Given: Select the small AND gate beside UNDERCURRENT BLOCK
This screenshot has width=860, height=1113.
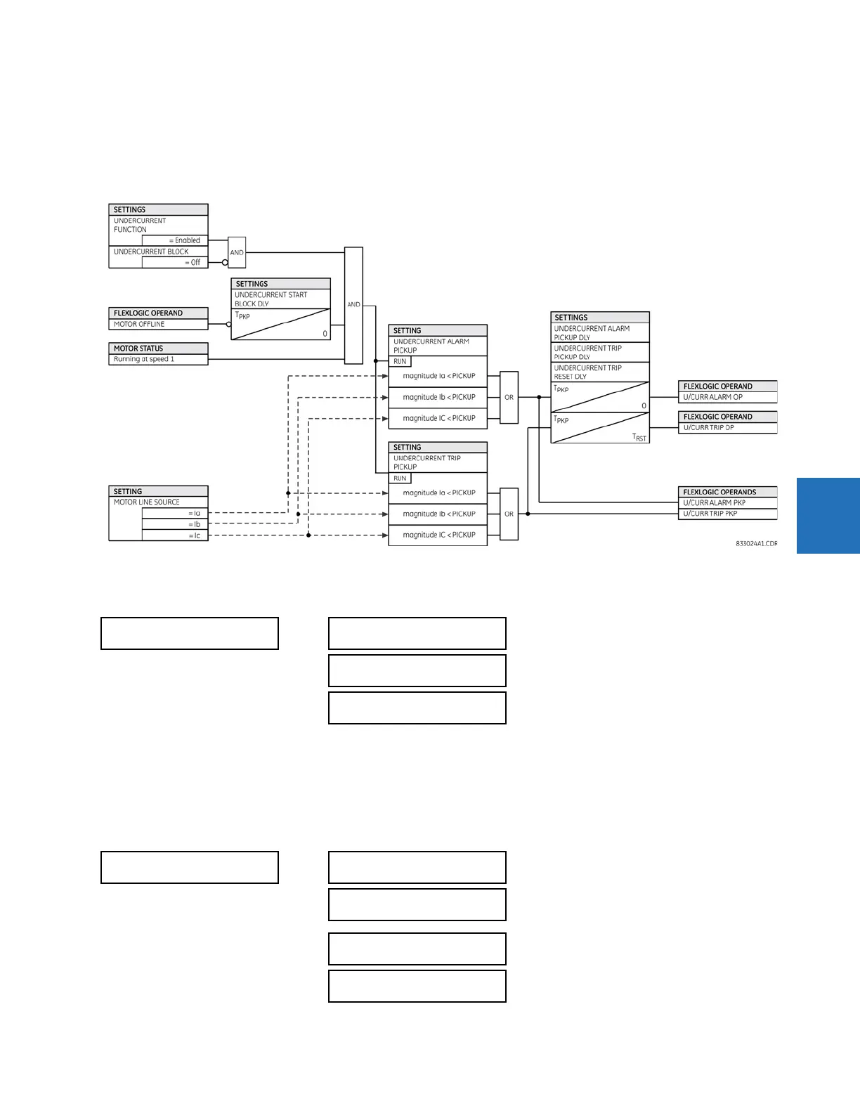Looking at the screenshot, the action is point(237,252).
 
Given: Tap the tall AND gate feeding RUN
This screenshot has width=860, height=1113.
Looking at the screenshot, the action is point(353,305).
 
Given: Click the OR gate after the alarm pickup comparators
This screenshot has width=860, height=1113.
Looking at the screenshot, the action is point(509,397).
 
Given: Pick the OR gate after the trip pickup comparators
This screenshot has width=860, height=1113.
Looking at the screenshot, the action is point(509,514).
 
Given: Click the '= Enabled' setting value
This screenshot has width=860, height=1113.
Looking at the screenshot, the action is point(184,240).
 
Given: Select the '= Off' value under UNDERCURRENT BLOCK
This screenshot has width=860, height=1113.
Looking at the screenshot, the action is point(192,262).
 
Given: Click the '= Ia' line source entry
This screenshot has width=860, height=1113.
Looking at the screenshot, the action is point(194,513).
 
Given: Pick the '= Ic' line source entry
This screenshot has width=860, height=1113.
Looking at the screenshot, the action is point(194,535).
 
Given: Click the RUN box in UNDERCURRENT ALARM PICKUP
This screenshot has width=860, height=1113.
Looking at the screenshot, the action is point(400,361).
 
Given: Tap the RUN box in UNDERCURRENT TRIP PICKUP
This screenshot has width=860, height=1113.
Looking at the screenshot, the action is point(400,478).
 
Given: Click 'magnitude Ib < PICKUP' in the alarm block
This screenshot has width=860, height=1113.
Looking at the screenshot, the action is point(438,397).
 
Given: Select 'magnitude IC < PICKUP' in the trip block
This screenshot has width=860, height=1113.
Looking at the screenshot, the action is point(438,535).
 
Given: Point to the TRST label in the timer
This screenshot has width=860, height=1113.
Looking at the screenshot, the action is point(639,437).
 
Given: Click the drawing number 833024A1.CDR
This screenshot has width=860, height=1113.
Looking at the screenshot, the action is point(756,544).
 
